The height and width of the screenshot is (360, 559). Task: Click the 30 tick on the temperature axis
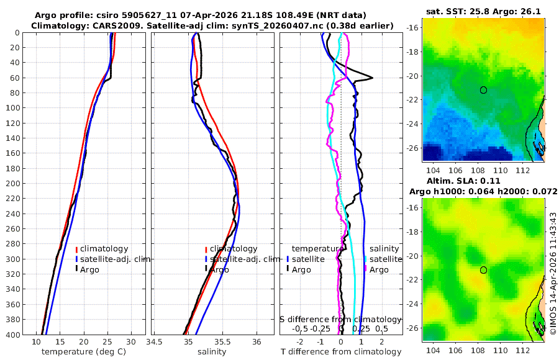[x=131, y=341]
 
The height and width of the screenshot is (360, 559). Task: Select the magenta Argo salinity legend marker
[x=366, y=269]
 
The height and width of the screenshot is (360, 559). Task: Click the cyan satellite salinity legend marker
[x=366, y=259]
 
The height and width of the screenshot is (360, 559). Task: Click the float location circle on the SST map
[x=483, y=89]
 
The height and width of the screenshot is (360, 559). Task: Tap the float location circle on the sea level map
[x=483, y=270]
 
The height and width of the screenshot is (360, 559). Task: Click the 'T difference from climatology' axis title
[x=340, y=352]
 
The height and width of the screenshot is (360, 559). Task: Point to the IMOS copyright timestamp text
[x=553, y=273]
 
